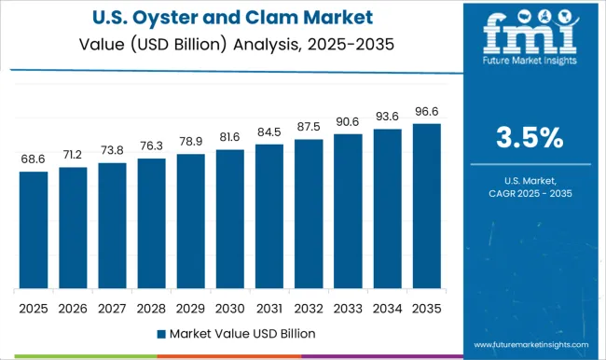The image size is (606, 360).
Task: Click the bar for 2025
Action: (33, 229)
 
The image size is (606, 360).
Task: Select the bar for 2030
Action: (229, 218)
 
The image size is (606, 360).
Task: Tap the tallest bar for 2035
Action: (426, 205)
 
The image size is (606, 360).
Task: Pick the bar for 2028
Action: (151, 223)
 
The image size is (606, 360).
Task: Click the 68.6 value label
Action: (33, 160)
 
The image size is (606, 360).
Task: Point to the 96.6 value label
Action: (426, 112)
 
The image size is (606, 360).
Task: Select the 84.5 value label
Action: (269, 132)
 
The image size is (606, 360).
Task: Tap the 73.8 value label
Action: (112, 151)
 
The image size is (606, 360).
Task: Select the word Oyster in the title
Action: (182, 18)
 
